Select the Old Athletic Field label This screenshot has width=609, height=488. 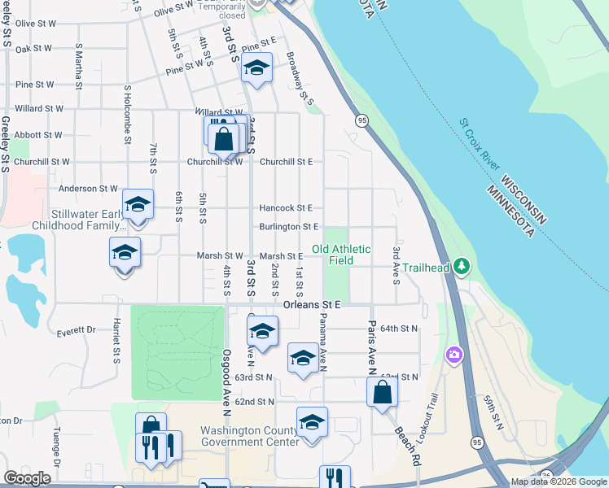tap(341, 255)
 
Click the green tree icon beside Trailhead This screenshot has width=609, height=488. tap(462, 266)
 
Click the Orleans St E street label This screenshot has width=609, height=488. tap(311, 304)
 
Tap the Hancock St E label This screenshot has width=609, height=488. tap(286, 208)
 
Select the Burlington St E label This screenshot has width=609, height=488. tap(288, 227)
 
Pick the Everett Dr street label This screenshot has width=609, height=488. tap(77, 332)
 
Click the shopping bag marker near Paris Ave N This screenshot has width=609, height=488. tap(382, 393)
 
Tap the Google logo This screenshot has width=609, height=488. tap(28, 478)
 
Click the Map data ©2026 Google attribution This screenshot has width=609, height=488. tap(558, 481)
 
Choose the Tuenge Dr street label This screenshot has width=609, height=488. tap(57, 447)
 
